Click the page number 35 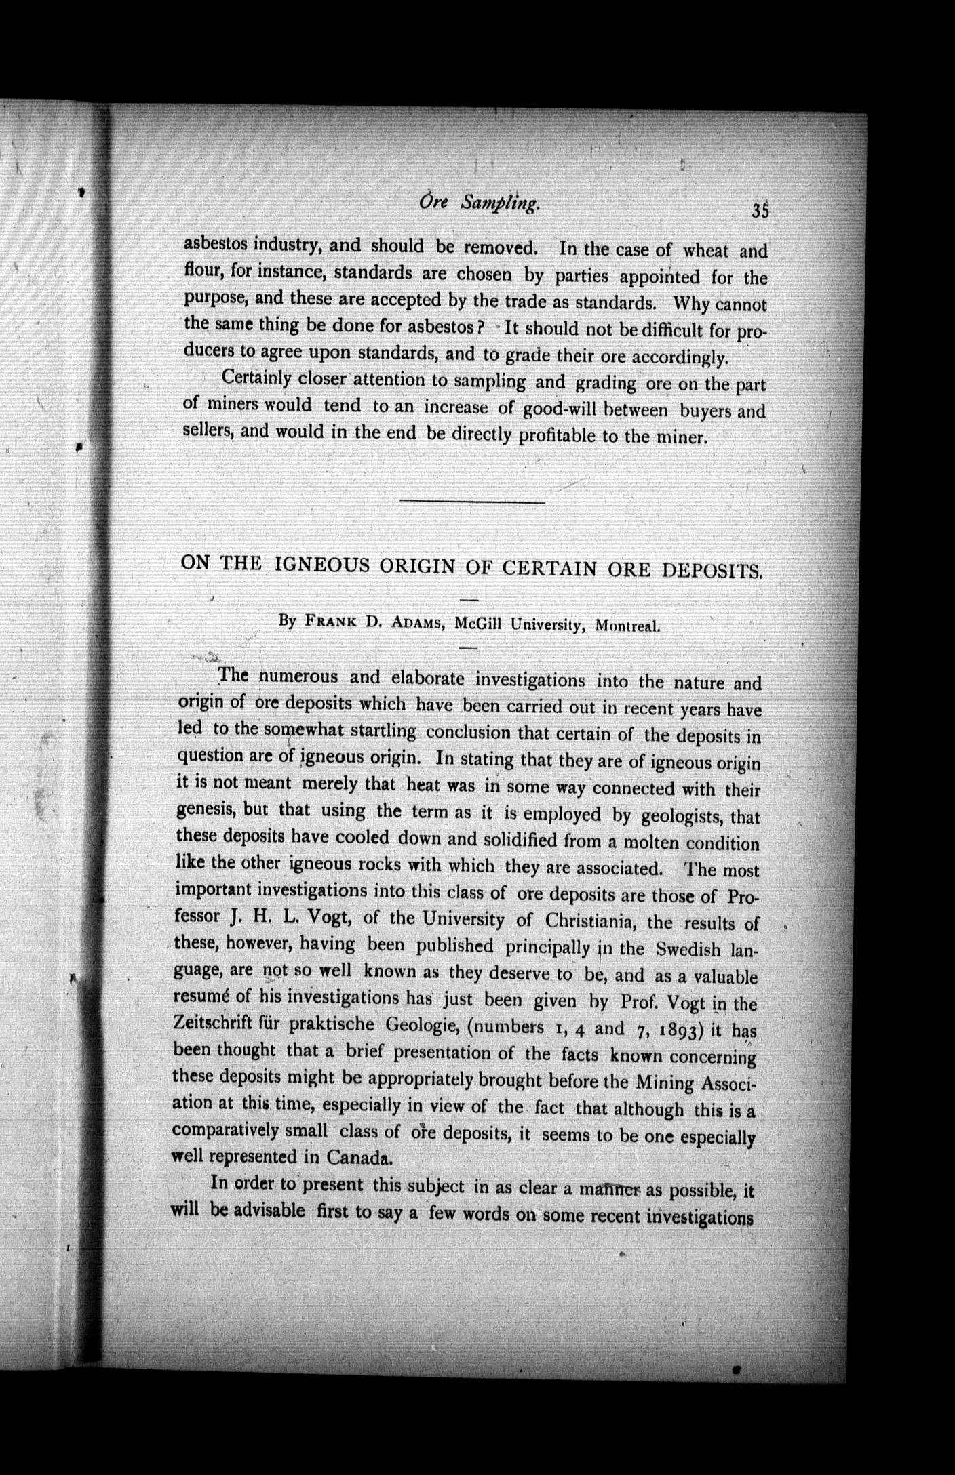coord(760,211)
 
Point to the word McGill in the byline coord(478,624)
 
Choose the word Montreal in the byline coord(627,626)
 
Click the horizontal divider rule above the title coord(472,502)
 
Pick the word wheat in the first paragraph coord(706,251)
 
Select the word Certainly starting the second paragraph coord(256,376)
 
